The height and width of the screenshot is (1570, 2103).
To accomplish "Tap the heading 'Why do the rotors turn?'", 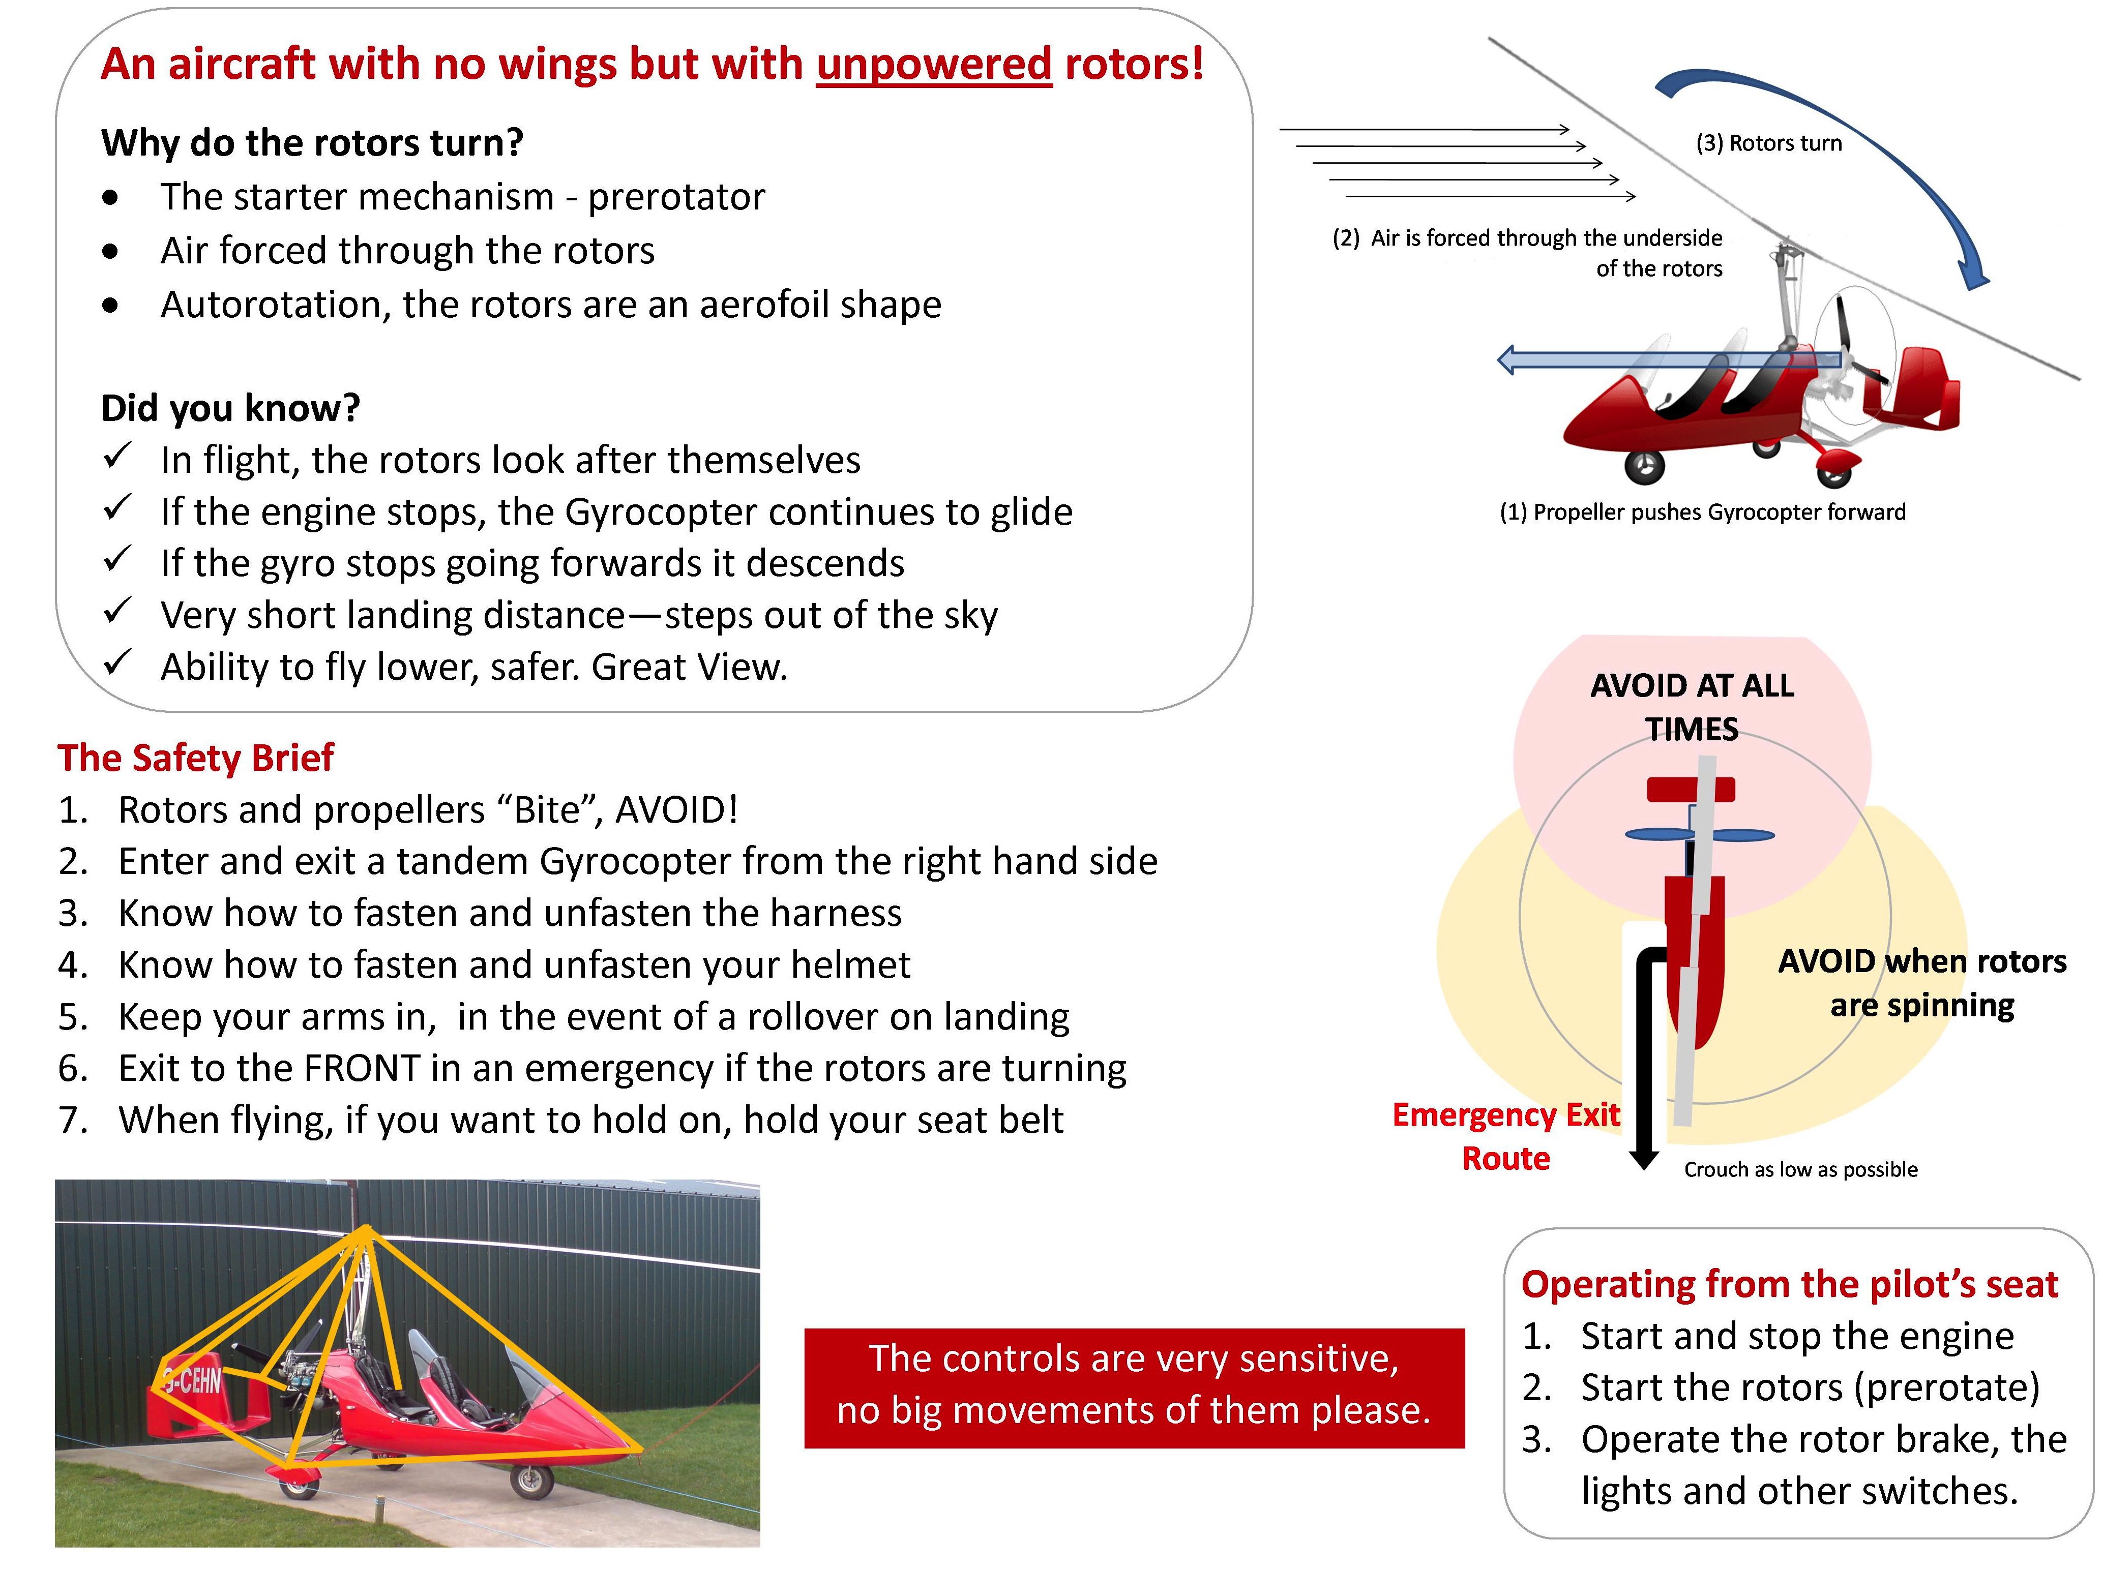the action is pos(312,142).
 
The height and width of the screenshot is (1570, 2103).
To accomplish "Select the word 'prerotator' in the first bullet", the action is pos(676,197).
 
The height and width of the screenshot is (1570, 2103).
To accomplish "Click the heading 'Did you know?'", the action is pos(230,408).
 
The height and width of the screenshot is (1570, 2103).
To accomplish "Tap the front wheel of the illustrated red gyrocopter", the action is pos(1645,466).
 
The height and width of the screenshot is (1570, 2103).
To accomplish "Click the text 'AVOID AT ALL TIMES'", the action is pos(1692,707).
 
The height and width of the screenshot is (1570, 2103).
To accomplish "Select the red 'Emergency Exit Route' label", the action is pos(1506,1137).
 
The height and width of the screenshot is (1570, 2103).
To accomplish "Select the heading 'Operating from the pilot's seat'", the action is pos(1789,1284).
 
